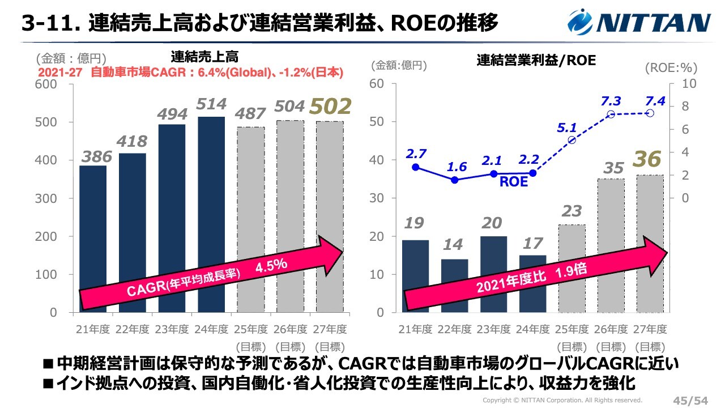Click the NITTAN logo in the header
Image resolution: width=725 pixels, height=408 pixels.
pyautogui.click(x=639, y=23)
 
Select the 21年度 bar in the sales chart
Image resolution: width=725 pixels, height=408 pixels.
pyautogui.click(x=93, y=239)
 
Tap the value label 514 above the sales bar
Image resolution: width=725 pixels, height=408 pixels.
pyautogui.click(x=212, y=104)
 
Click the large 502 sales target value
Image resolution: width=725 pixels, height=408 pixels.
pyautogui.click(x=330, y=106)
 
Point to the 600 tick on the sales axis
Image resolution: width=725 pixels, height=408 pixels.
pyautogui.click(x=46, y=84)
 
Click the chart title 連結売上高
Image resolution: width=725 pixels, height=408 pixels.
pyautogui.click(x=204, y=57)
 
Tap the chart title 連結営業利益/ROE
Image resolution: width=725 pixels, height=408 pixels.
pyautogui.click(x=536, y=59)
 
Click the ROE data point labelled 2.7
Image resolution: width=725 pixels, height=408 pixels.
pyautogui.click(x=416, y=167)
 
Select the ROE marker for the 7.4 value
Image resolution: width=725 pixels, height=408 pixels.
pyautogui.click(x=650, y=113)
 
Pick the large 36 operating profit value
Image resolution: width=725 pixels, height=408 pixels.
pyautogui.click(x=646, y=159)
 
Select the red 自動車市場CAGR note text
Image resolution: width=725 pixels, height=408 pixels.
pyautogui.click(x=191, y=73)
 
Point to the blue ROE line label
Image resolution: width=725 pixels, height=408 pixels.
pyautogui.click(x=513, y=182)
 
